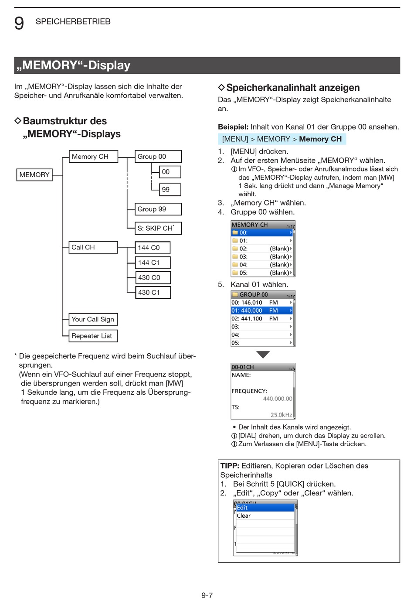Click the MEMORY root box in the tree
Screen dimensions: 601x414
(34, 175)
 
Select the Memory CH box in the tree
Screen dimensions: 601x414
(93, 157)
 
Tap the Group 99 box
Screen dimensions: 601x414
(158, 209)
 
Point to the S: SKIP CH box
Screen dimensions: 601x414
(158, 228)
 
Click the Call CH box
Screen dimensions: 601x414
(93, 247)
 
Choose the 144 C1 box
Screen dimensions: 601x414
(152, 263)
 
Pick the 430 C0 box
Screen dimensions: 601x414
(152, 277)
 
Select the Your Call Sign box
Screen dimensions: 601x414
(93, 319)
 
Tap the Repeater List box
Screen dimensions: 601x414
(93, 336)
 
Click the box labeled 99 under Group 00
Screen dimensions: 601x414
(170, 190)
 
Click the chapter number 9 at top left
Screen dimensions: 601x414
(19, 23)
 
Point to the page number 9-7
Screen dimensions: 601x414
(207, 595)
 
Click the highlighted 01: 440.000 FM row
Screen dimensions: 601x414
(261, 311)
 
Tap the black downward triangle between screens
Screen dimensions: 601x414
(263, 355)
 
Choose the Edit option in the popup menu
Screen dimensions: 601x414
(265, 508)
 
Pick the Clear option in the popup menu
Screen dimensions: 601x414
(265, 516)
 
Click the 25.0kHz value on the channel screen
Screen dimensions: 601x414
(281, 415)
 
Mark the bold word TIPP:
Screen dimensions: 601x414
(230, 466)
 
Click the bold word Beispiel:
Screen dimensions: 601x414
(233, 127)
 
